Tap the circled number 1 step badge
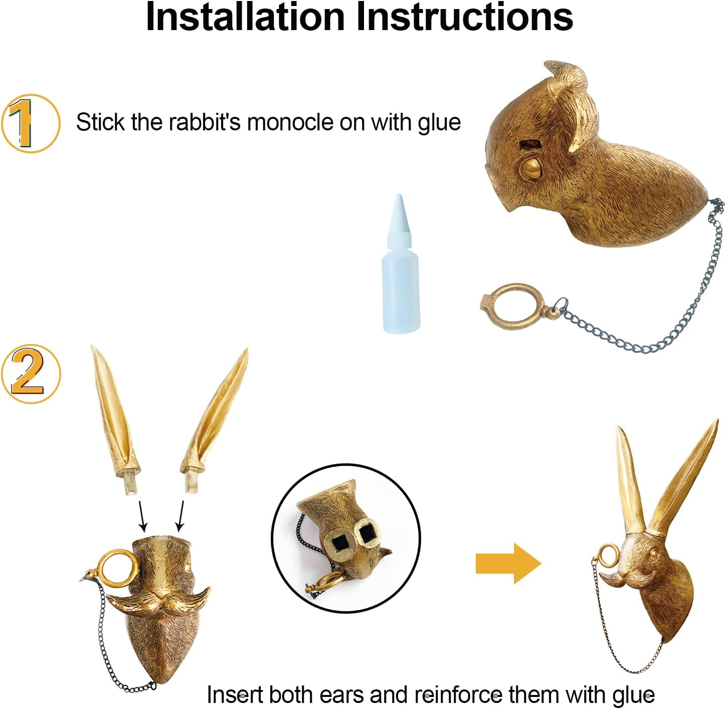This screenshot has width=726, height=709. tap(31, 123)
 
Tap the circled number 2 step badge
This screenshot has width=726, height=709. tap(31, 374)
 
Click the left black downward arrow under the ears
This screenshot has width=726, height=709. tap(143, 516)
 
